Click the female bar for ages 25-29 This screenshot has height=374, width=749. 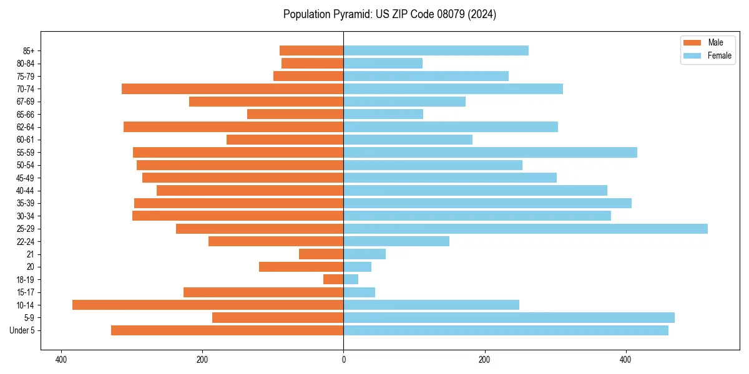point(526,229)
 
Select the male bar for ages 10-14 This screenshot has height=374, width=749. point(208,305)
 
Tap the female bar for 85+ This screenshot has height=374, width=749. point(436,50)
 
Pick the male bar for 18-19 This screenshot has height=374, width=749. point(333,279)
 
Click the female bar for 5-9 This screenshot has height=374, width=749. point(509,318)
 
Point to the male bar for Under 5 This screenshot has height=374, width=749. point(227,330)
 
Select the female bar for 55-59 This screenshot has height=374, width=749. point(490,152)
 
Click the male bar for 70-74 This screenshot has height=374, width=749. point(232,89)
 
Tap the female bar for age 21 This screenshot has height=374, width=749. point(365,254)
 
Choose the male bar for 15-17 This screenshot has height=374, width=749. point(263,292)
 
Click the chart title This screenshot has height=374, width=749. point(389,14)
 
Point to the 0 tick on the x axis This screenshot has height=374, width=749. point(343,360)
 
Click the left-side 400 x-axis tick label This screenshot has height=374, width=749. point(61,360)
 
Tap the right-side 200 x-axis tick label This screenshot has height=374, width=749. point(484,360)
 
